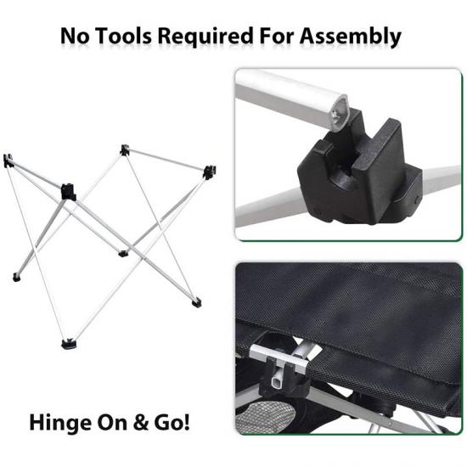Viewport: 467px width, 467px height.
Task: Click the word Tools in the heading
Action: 123,37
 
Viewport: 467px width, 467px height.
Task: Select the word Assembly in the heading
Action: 350,37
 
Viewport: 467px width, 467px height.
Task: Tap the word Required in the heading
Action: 205,37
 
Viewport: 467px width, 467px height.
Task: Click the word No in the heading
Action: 75,37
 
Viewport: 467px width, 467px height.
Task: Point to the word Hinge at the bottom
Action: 61,424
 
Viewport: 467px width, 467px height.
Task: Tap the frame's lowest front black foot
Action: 69,344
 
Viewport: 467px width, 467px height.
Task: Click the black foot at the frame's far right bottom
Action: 196,302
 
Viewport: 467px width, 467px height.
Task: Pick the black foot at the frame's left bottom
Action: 17,278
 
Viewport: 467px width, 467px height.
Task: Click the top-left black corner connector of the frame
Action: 8,160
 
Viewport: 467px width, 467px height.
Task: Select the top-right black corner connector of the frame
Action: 210,172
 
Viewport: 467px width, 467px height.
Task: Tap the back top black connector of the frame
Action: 125,149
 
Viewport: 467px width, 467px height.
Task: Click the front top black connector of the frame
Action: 69,192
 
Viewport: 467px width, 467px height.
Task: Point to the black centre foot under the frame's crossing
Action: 123,254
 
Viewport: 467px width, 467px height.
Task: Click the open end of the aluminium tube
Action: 340,114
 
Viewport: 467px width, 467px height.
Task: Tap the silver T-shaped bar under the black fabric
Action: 280,358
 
